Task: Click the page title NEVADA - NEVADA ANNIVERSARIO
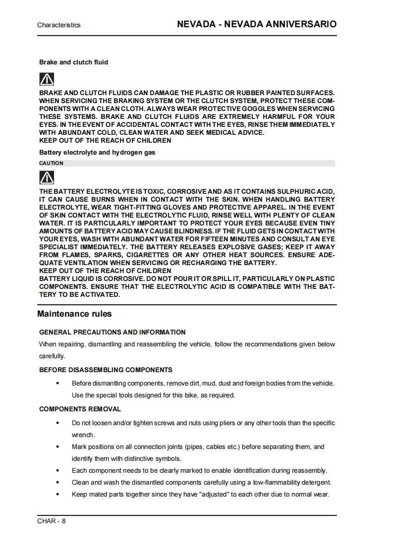pyautogui.click(x=257, y=24)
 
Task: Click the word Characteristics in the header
pyautogui.click(x=58, y=25)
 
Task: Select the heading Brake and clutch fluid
pyautogui.click(x=73, y=62)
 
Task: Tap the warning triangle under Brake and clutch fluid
pyautogui.click(x=47, y=79)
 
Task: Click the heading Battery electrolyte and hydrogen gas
pyautogui.click(x=97, y=153)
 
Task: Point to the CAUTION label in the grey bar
pyautogui.click(x=51, y=163)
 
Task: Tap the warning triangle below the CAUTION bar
pyautogui.click(x=47, y=177)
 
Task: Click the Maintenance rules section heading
pyautogui.click(x=74, y=314)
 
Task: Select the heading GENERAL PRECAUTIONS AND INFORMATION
pyautogui.click(x=112, y=333)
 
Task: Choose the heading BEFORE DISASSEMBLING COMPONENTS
pyautogui.click(x=106, y=370)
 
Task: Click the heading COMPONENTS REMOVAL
pyautogui.click(x=80, y=409)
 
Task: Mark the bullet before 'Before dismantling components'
pyautogui.click(x=58, y=384)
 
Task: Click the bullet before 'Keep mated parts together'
pyautogui.click(x=58, y=495)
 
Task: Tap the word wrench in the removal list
pyautogui.click(x=83, y=435)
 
